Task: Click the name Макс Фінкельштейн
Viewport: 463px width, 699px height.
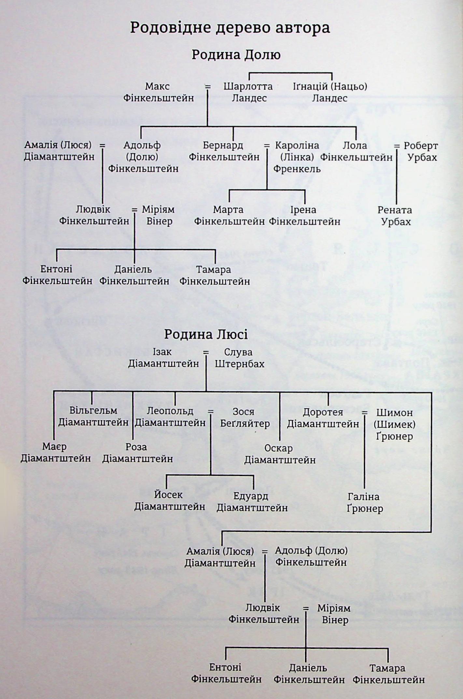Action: click(158, 92)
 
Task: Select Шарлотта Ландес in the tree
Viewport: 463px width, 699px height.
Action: click(248, 92)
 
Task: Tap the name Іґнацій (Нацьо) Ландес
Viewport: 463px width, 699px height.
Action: click(330, 92)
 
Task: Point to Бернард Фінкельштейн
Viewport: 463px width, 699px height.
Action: click(224, 151)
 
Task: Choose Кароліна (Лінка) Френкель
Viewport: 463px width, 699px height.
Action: click(297, 157)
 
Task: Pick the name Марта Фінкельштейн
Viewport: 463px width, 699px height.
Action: click(229, 216)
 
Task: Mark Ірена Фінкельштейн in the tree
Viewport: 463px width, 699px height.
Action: click(304, 216)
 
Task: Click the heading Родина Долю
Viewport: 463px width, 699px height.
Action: click(236, 54)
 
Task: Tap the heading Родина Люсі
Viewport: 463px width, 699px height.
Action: click(206, 335)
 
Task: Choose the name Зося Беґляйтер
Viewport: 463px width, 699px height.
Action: click(245, 418)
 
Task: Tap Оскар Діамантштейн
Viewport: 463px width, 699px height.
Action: click(280, 454)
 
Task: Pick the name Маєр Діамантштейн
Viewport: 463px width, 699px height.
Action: click(56, 453)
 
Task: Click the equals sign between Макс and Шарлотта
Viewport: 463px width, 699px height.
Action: click(207, 87)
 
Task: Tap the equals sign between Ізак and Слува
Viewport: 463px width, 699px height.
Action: click(206, 353)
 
